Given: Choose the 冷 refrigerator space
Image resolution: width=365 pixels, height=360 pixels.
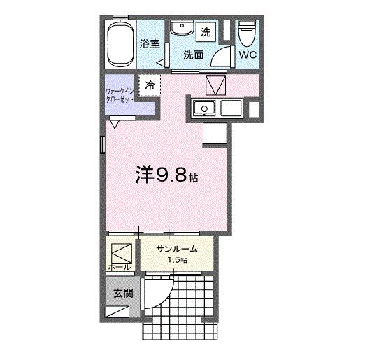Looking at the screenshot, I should [150, 85].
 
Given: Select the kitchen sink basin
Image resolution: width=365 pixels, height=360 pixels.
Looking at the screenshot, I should [206, 108].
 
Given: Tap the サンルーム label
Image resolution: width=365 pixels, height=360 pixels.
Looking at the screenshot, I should [176, 250].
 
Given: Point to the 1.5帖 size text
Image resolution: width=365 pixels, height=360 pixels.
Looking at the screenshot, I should [176, 261].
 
